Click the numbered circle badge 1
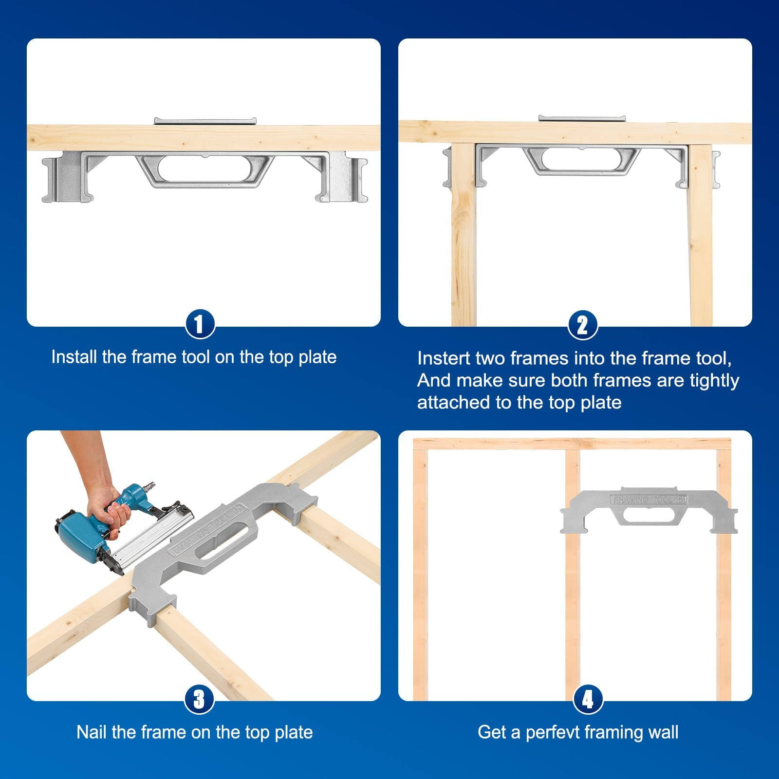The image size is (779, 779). click(200, 325)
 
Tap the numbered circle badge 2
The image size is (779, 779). click(582, 325)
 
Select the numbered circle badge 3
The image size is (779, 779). click(200, 700)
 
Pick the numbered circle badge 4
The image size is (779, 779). click(588, 700)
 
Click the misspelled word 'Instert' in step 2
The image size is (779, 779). click(444, 358)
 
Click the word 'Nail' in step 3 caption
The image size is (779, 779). click(92, 732)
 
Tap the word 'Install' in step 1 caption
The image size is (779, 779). click(74, 357)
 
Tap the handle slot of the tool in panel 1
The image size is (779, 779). click(205, 169)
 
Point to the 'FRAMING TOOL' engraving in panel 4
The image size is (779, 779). click(649, 500)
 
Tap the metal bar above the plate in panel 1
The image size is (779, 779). click(204, 121)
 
